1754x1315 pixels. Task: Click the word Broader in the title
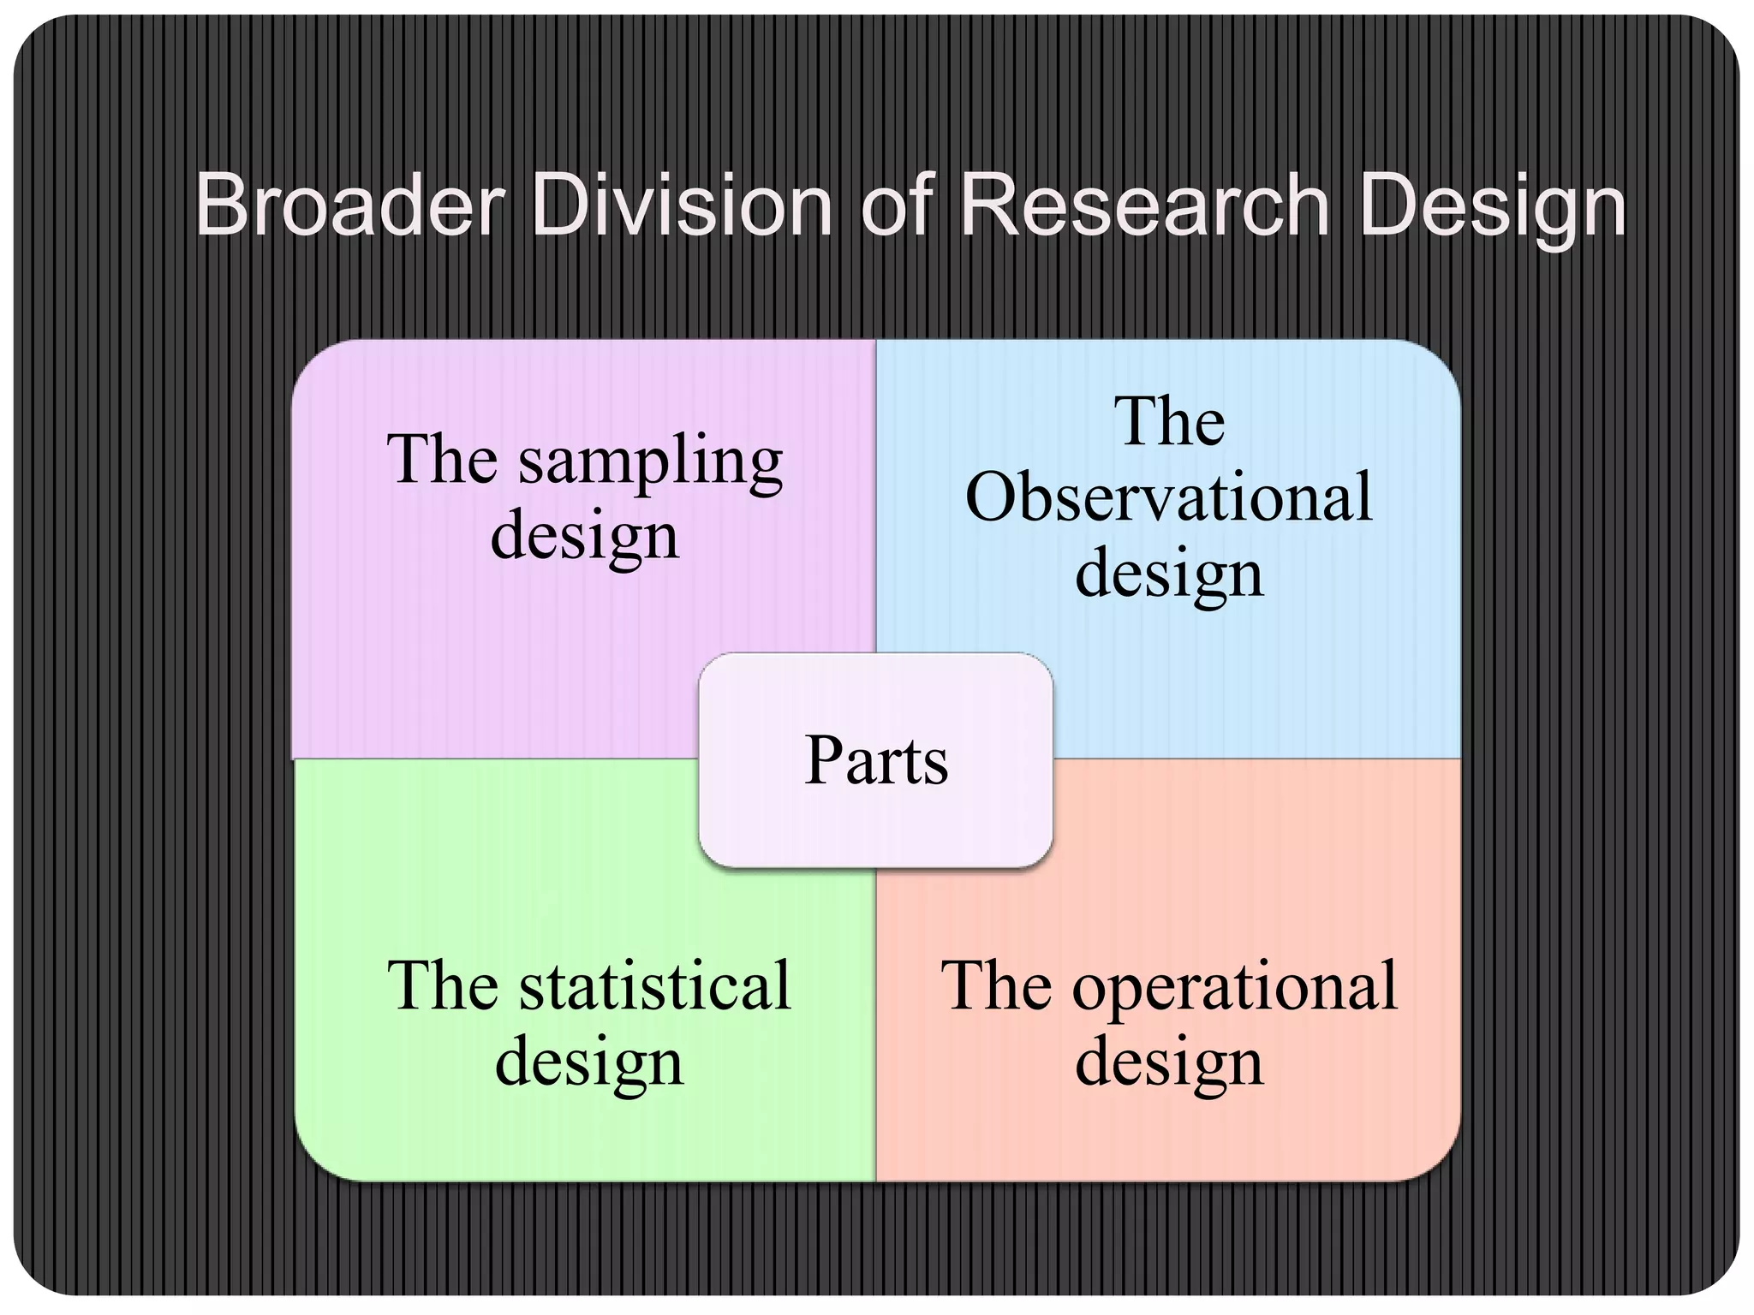(x=349, y=205)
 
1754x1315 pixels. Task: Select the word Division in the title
(x=682, y=205)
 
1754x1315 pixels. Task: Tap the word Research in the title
(x=1144, y=205)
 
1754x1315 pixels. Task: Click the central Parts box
(x=875, y=760)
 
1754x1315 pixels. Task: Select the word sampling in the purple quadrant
(x=651, y=462)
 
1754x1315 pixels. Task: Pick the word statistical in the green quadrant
(x=655, y=986)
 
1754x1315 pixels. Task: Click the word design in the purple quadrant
(x=584, y=538)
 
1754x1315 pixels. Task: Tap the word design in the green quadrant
(x=589, y=1063)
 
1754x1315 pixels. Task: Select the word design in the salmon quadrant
(x=1168, y=1063)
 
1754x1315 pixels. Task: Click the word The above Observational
(x=1169, y=422)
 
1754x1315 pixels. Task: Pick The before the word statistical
(x=442, y=986)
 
